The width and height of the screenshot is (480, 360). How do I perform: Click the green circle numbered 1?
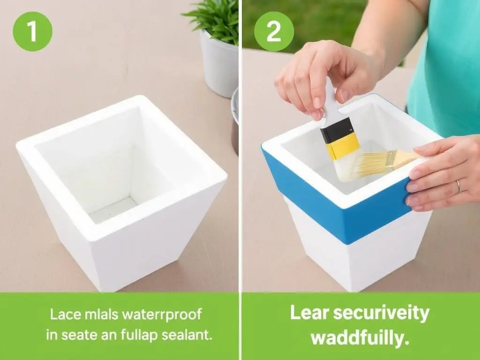32,31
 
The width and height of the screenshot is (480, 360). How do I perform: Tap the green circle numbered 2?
274,31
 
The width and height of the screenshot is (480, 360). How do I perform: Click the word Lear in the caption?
309,313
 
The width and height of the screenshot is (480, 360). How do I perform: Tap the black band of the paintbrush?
336,130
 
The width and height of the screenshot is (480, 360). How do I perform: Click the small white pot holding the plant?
218,64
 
